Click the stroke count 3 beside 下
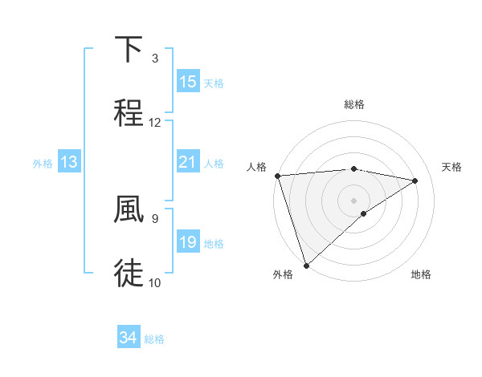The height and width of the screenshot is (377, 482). coord(154,59)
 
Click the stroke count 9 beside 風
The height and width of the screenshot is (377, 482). coord(154,217)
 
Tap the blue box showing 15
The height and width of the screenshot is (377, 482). coord(188,82)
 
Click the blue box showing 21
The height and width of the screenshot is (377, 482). coord(188,162)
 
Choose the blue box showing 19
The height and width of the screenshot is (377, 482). coord(188,242)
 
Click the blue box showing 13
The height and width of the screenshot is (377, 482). coord(69,162)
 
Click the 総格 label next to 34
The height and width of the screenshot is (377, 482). coord(155,339)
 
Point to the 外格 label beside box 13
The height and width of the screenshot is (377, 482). coord(43,163)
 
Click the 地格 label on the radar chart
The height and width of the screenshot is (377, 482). coord(421,274)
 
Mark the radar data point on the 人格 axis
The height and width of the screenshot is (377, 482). coord(277,176)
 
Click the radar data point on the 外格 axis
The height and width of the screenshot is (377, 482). coord(306,265)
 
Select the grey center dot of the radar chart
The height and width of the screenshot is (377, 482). coord(353,200)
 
